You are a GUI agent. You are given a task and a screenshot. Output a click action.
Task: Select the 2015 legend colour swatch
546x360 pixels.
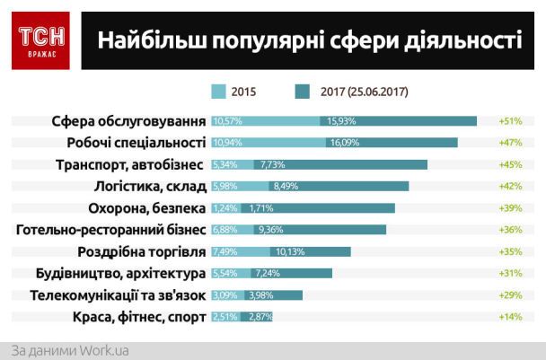218,91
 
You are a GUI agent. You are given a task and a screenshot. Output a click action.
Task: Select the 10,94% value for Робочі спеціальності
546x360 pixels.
227,142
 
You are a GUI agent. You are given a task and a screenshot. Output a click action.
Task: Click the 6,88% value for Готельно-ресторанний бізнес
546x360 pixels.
225,230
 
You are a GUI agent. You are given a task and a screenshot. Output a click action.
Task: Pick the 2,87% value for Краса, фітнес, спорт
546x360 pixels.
258,317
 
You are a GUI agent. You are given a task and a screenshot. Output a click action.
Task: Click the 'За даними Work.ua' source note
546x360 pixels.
70,350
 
